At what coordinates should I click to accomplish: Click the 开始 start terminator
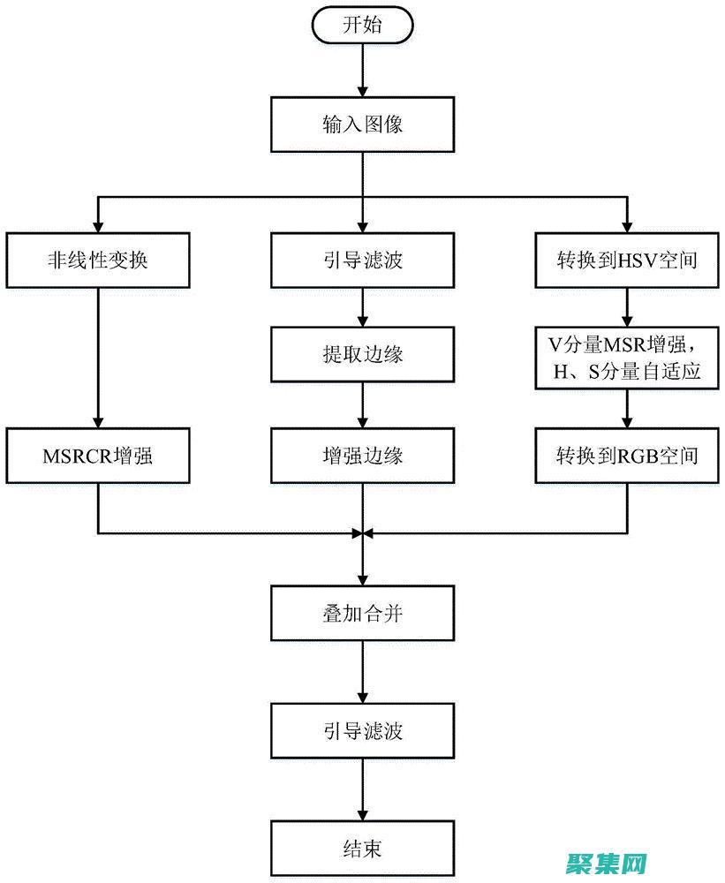click(362, 25)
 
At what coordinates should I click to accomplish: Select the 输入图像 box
click(362, 123)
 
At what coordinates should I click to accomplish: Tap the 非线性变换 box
click(97, 260)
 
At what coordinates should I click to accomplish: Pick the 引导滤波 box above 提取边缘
click(362, 260)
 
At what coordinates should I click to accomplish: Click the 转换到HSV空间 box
click(627, 260)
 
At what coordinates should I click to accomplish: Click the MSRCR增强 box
click(97, 456)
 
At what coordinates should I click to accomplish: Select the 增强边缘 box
click(362, 456)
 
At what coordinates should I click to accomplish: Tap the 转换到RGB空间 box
click(627, 456)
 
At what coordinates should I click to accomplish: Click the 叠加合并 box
click(362, 613)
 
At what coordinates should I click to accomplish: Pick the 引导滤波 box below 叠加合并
click(362, 731)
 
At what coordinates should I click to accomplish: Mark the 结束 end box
click(362, 849)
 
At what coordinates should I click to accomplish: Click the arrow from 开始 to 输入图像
click(362, 71)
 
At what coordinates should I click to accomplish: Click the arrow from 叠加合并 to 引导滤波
click(362, 672)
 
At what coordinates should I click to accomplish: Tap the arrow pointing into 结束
click(362, 790)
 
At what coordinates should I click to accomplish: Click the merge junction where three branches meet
click(362, 533)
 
